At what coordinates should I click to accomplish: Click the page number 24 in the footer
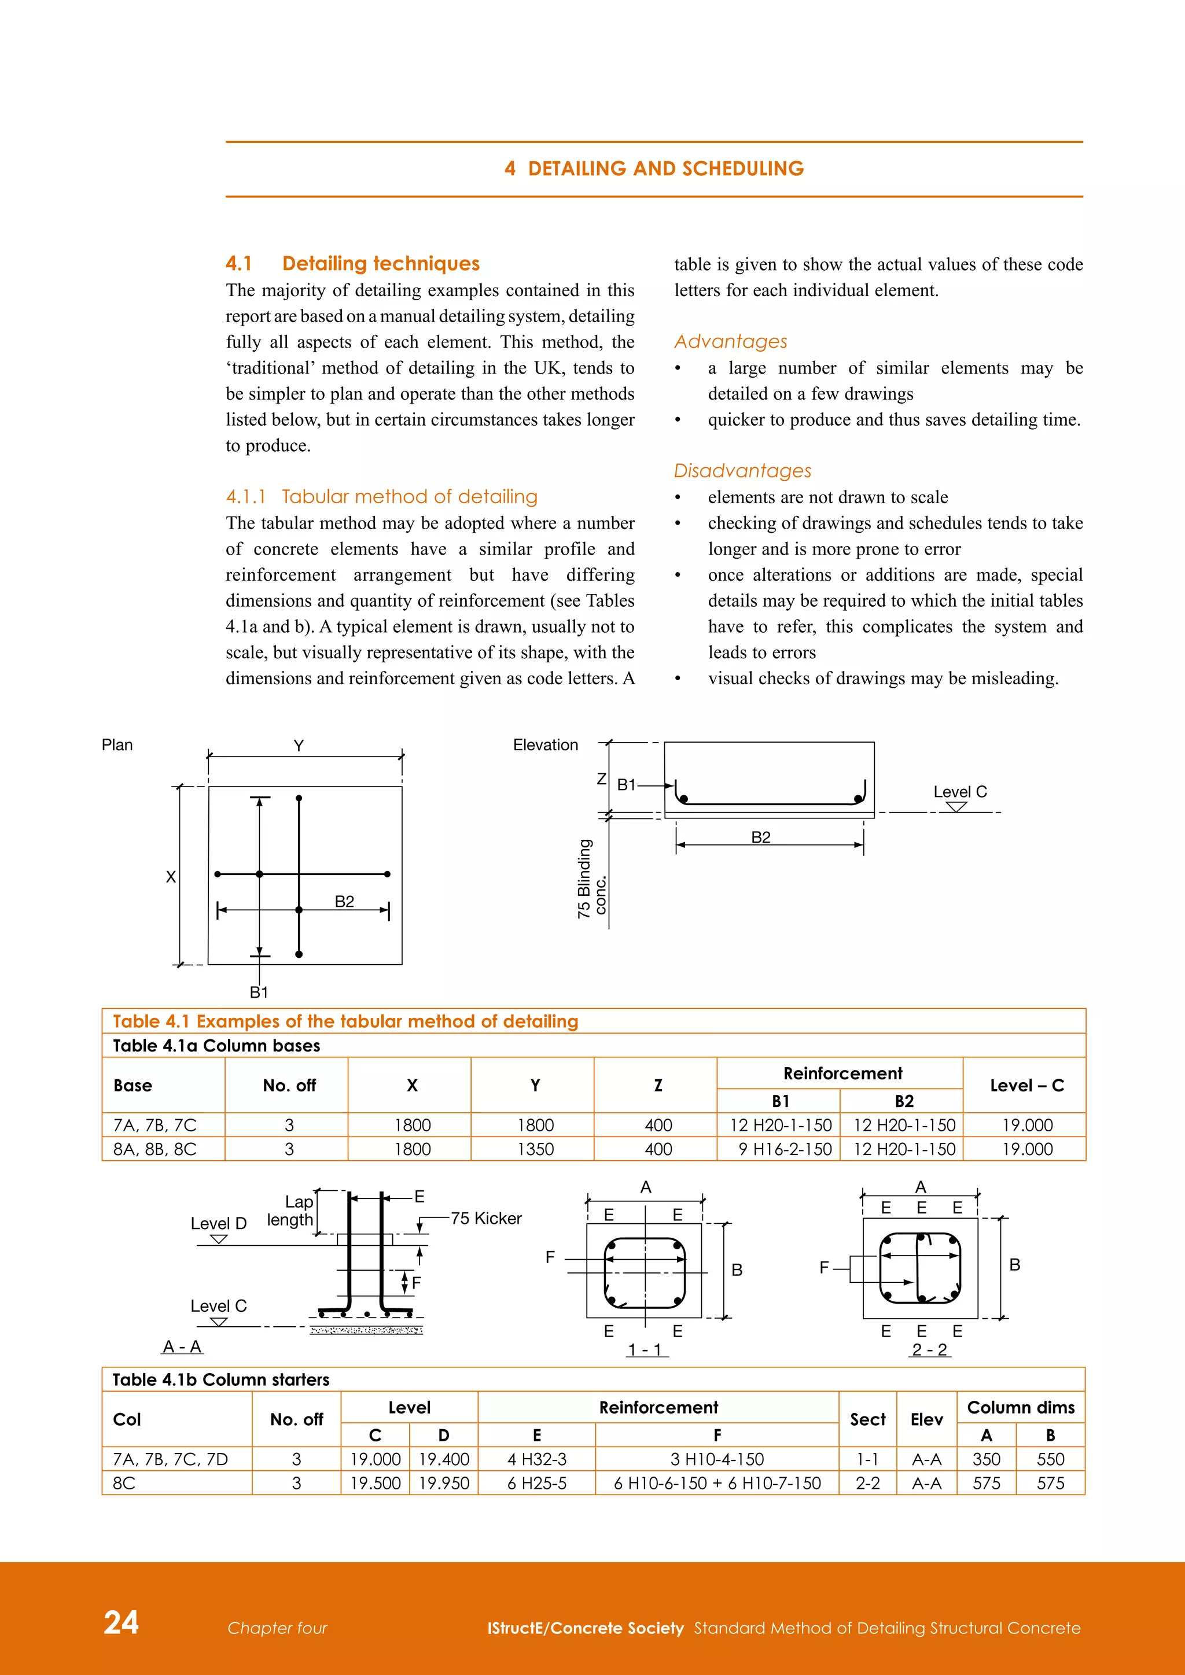coord(121,1622)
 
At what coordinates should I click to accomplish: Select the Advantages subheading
coord(730,341)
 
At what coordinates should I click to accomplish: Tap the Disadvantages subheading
coord(742,471)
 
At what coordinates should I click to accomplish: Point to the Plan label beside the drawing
coord(117,745)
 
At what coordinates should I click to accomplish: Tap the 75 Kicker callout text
coord(486,1218)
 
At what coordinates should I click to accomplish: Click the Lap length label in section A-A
coord(291,1211)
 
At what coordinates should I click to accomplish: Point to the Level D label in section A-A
coord(218,1223)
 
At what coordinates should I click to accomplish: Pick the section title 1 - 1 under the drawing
coord(645,1349)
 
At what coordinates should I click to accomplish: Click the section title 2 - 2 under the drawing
coord(930,1349)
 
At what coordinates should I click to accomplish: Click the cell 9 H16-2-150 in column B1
coord(785,1149)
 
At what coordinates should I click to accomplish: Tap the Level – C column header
coord(1026,1086)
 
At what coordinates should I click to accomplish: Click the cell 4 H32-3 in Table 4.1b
coord(536,1459)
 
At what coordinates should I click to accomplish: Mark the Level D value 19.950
coord(444,1483)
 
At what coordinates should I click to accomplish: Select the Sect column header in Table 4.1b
coord(867,1420)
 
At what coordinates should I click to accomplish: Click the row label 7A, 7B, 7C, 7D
coord(170,1459)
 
